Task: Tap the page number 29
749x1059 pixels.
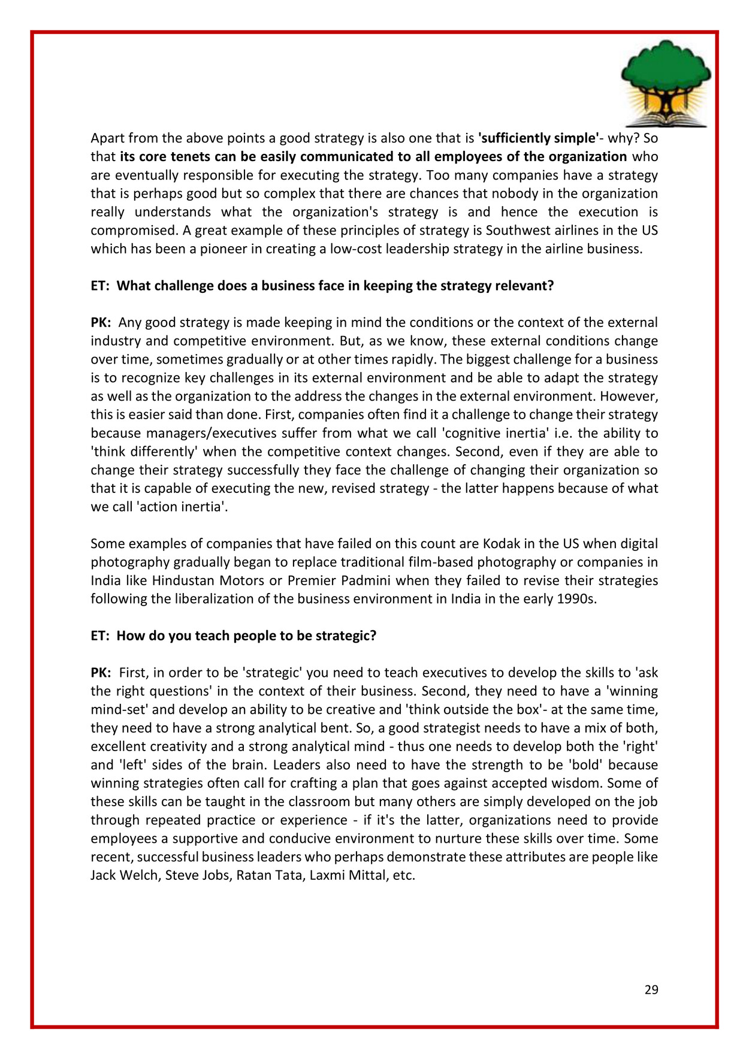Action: pos(651,990)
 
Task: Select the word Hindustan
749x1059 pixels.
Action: pos(183,580)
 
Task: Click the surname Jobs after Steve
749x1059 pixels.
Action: pos(216,875)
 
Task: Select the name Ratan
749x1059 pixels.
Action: pos(253,875)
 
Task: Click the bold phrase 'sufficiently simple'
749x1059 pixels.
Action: pos(539,138)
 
